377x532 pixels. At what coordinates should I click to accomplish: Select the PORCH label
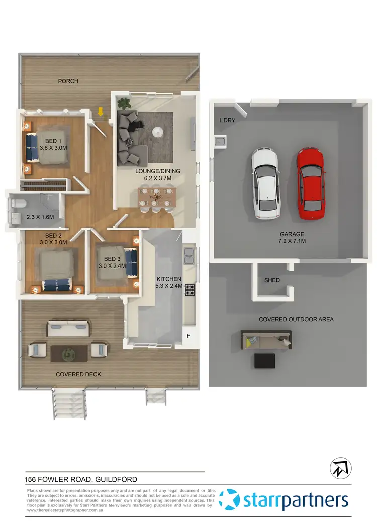(x=68, y=81)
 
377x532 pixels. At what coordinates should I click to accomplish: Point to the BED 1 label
(x=53, y=141)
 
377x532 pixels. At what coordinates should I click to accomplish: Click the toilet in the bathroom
(x=19, y=203)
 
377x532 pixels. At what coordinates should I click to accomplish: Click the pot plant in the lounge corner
(x=123, y=104)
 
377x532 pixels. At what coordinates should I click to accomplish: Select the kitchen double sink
(x=189, y=256)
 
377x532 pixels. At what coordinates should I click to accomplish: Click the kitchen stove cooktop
(x=191, y=290)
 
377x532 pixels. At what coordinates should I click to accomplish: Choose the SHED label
(x=272, y=280)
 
